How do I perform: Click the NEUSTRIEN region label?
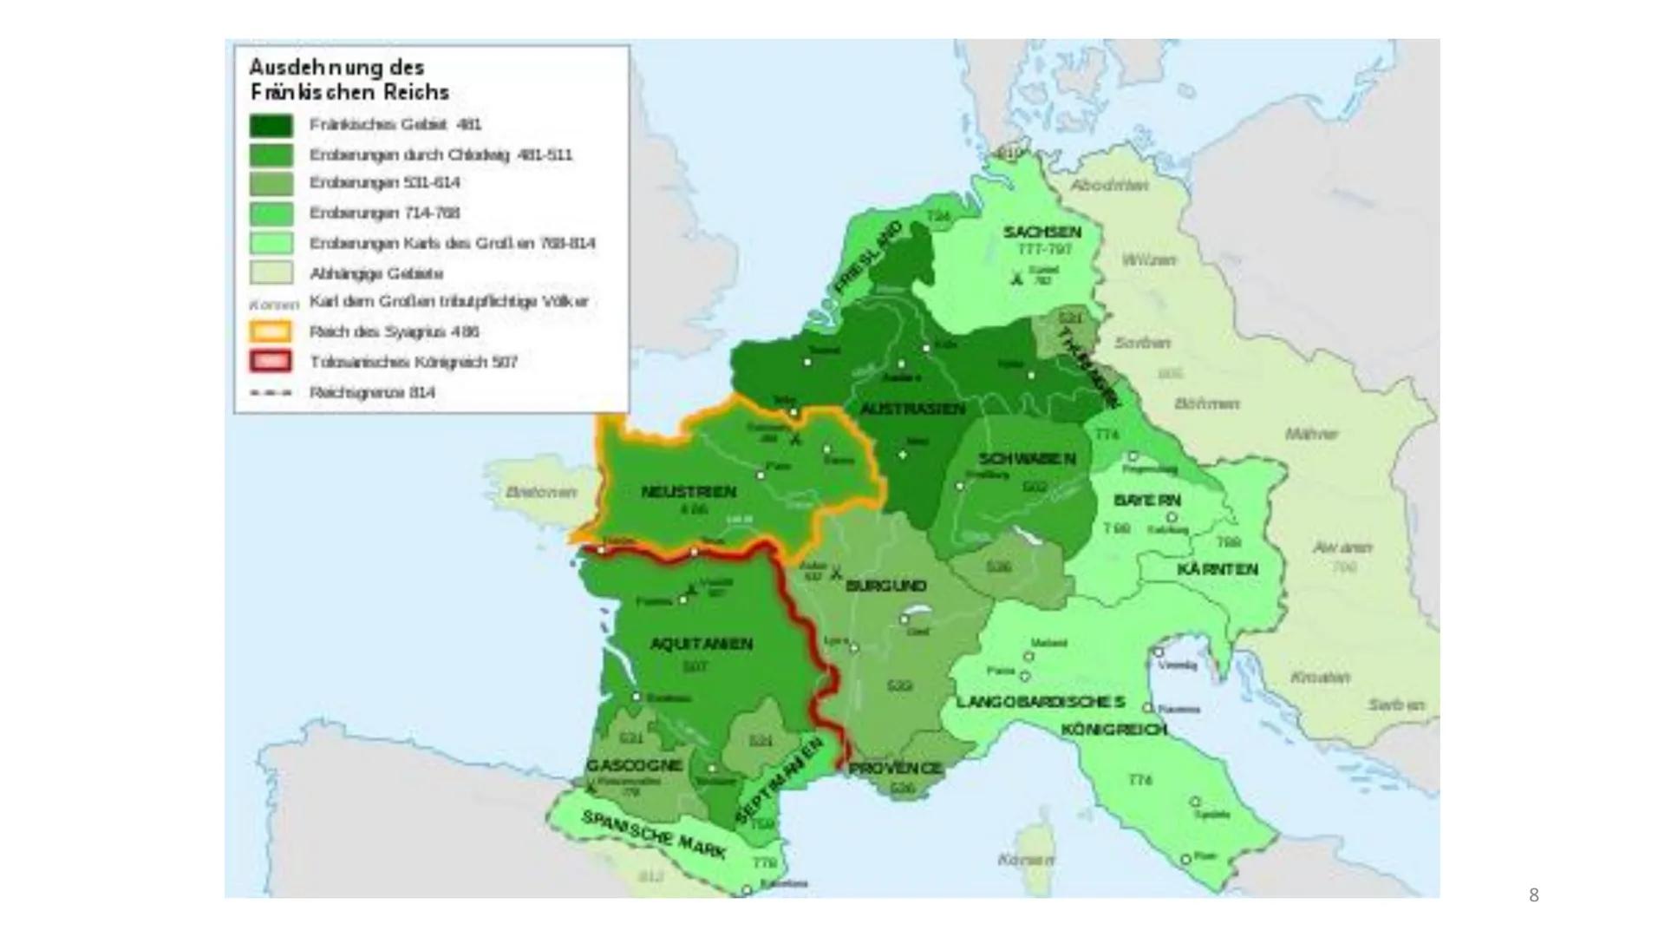(x=689, y=492)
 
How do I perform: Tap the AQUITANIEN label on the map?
(x=701, y=644)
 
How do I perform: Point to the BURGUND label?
(x=885, y=586)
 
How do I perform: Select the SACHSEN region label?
(x=1042, y=233)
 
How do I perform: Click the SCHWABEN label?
(x=1027, y=459)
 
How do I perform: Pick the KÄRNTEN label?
(x=1218, y=570)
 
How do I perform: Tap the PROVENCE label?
(x=895, y=769)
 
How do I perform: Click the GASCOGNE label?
(x=634, y=765)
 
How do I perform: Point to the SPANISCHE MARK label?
(x=653, y=835)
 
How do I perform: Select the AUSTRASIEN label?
(x=912, y=409)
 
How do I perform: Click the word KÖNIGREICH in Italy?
(x=1114, y=730)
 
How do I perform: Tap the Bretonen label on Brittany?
(x=541, y=492)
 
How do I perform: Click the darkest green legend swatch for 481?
(x=271, y=125)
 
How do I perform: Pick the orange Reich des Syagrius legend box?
(x=271, y=331)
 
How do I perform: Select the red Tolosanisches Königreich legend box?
(x=271, y=362)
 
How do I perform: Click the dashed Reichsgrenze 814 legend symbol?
(x=271, y=393)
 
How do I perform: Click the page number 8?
(x=1533, y=895)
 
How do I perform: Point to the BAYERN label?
(x=1147, y=501)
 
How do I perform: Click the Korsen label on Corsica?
(x=1026, y=860)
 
